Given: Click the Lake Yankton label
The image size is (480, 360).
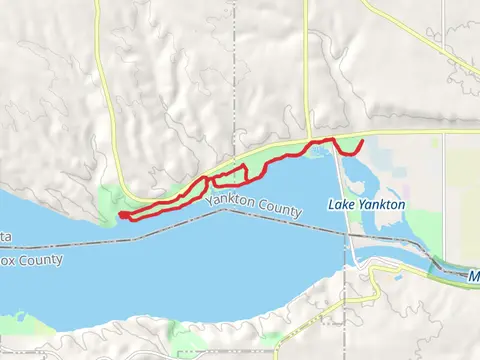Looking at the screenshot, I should pyautogui.click(x=367, y=204).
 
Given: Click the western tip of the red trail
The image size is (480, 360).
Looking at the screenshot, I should pyautogui.click(x=120, y=215).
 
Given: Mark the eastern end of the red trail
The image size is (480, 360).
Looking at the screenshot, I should pyautogui.click(x=361, y=145).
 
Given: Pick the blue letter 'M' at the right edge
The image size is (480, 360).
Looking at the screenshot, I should pyautogui.click(x=474, y=274).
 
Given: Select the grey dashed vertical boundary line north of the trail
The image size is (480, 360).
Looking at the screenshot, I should pyautogui.click(x=237, y=80).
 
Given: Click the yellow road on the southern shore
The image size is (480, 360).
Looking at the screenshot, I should pyautogui.click(x=300, y=341).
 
